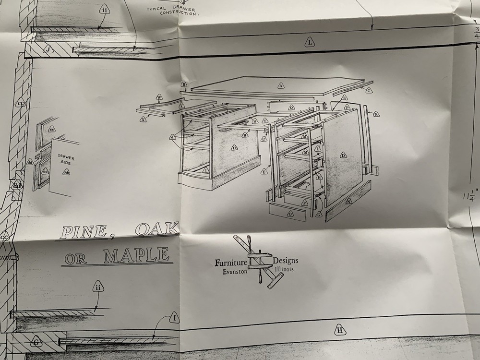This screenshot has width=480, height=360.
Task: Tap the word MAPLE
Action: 137,255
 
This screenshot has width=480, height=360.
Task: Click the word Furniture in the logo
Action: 231,263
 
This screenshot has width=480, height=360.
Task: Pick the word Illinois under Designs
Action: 284,269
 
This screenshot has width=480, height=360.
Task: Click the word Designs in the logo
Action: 286,261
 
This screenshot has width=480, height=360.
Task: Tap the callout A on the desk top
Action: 281,86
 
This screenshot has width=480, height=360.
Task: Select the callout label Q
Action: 292,107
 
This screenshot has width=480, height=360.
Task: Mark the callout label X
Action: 144,119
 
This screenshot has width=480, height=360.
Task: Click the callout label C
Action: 369,90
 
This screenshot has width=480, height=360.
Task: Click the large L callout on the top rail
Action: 310,43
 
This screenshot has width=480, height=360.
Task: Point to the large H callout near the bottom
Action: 339,330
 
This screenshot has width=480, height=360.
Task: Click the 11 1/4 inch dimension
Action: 471,197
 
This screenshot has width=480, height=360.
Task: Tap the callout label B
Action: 184,84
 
